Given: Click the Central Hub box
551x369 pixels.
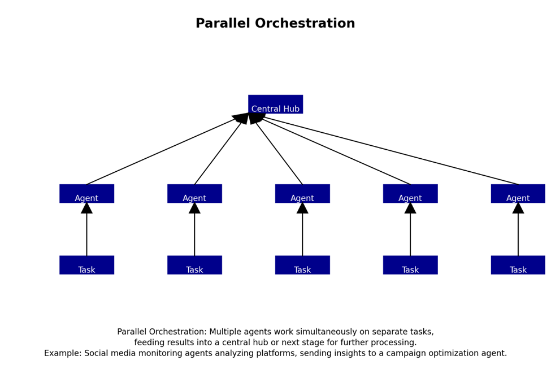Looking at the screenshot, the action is pos(276,104).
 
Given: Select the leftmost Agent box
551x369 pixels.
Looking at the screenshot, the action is pos(87,193).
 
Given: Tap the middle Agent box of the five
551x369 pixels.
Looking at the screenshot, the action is pos(302,193).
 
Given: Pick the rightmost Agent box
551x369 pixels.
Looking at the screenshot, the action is pos(518,193).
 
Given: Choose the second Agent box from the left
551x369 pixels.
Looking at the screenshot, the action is pos(194,193).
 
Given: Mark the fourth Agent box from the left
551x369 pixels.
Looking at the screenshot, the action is pos(410,193).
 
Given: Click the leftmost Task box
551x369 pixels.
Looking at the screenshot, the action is pos(87,265).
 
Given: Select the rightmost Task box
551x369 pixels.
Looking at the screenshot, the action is pos(518,265).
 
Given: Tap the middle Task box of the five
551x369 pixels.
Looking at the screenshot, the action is pos(302,265).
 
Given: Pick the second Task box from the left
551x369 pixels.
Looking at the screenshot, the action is pos(194,265).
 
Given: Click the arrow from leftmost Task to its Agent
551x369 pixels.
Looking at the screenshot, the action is pos(87,229).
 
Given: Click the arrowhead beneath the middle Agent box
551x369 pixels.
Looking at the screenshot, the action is pos(302,208).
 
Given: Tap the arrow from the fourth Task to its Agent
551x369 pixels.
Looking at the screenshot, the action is pos(410,229).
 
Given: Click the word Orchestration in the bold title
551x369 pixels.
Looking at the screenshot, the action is pos(305,23).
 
